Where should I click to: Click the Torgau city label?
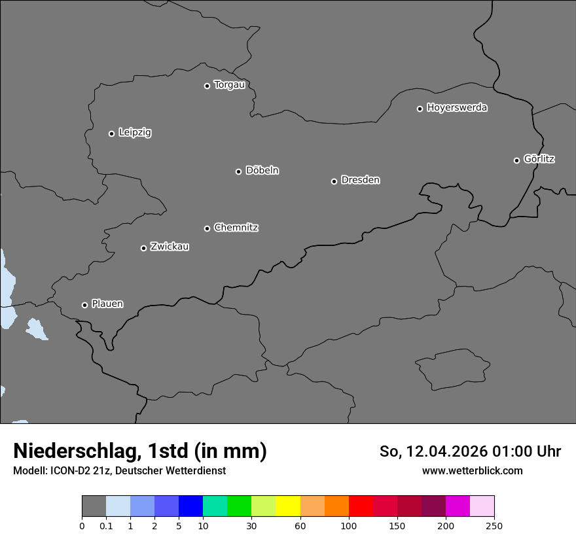(229, 85)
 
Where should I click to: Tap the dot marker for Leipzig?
(111, 133)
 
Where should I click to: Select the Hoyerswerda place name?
(457, 108)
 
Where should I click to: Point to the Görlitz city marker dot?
(516, 160)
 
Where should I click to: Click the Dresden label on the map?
(360, 180)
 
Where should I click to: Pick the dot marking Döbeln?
(238, 171)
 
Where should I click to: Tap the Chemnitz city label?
(236, 228)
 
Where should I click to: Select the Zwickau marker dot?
(143, 248)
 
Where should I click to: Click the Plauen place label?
(107, 304)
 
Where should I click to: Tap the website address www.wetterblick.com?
(472, 470)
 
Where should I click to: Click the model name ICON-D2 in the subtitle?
(72, 470)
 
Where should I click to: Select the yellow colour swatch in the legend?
(288, 506)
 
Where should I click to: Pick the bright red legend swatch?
(361, 506)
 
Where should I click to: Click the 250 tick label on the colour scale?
(494, 525)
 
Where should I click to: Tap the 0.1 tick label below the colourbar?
(106, 525)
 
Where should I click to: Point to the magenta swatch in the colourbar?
(458, 506)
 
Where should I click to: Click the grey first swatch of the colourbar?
(94, 506)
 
